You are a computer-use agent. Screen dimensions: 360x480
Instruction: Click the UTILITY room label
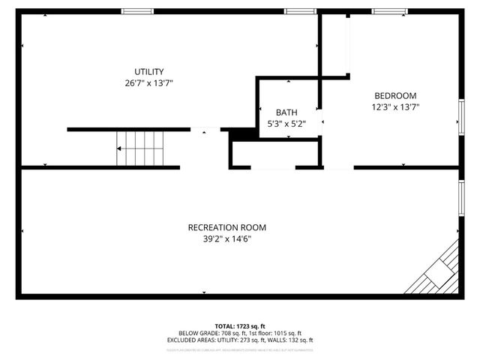[x=148, y=71]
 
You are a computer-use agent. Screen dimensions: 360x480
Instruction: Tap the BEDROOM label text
[x=395, y=95]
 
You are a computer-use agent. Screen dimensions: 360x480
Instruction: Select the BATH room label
[x=286, y=112]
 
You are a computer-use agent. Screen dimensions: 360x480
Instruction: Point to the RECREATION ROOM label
[x=226, y=227]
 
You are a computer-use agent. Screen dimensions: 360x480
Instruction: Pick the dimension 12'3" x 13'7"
[x=395, y=106]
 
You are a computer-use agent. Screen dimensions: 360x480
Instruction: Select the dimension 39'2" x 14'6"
[x=226, y=238]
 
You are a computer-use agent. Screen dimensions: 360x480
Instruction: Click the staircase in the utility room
[x=140, y=148]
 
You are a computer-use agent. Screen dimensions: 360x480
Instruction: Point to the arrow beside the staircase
[x=119, y=148]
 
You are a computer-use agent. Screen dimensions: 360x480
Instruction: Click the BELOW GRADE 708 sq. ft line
[x=239, y=333]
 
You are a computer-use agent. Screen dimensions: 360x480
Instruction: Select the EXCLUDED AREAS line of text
[x=239, y=340]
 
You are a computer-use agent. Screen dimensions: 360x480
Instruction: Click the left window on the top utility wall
[x=137, y=11]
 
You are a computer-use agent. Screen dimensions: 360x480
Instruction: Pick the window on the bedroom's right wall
[x=461, y=116]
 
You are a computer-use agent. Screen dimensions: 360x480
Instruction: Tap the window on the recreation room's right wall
[x=461, y=196]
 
